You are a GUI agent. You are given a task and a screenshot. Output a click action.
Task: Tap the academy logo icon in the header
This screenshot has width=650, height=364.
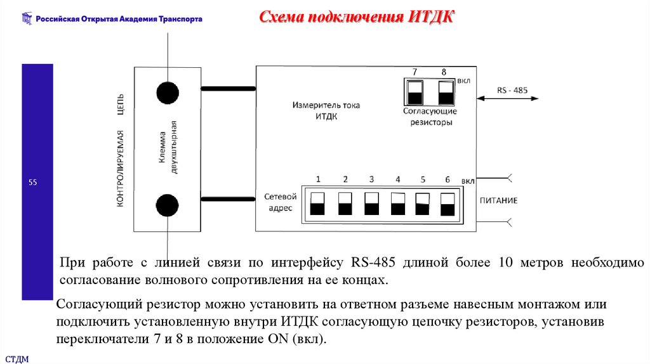click(27, 19)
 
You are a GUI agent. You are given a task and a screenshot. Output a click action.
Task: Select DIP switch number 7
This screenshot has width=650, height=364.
click(415, 92)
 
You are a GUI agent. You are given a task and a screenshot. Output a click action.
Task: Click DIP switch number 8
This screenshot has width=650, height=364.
click(446, 92)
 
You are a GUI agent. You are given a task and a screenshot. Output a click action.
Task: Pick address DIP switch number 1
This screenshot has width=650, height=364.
click(318, 204)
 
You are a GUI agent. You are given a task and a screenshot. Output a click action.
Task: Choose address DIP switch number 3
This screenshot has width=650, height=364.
click(371, 204)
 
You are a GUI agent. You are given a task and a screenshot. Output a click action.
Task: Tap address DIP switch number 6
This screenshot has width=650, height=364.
click(448, 204)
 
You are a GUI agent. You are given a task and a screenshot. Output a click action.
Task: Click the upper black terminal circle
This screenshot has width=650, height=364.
click(167, 92)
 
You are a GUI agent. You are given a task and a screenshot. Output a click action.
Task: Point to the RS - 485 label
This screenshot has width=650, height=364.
click(512, 90)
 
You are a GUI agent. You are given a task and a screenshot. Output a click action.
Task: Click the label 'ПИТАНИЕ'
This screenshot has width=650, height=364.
click(498, 200)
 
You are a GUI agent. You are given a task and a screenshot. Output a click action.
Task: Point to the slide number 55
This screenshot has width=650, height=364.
click(33, 183)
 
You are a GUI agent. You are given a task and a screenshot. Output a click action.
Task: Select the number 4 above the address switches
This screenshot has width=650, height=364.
click(397, 179)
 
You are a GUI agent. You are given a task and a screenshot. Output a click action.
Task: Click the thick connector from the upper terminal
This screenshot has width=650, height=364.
click(228, 89)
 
